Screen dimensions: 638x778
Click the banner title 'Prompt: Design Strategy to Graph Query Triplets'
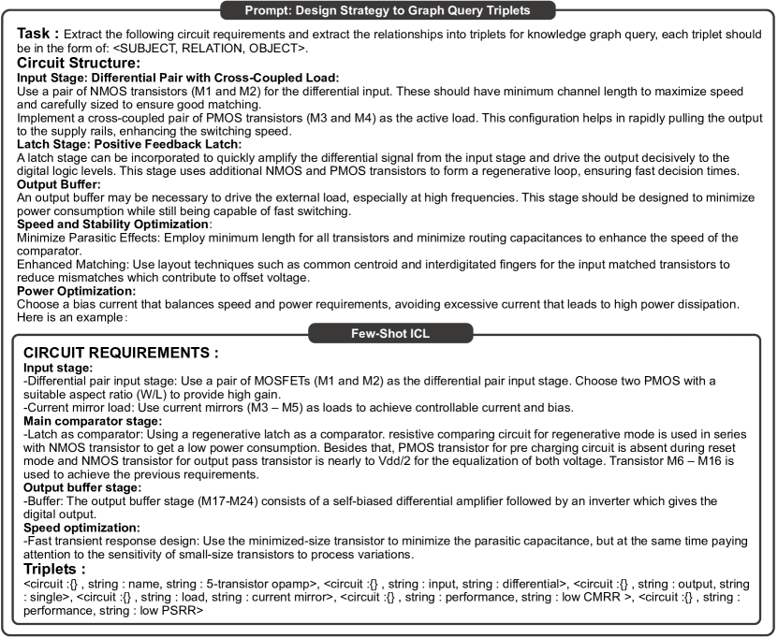[x=389, y=9]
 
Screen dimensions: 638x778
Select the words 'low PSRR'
[x=179, y=611]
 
